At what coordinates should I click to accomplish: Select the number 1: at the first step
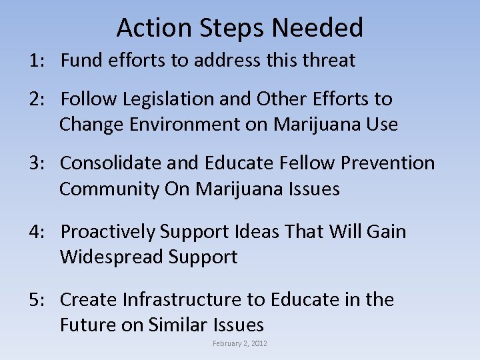coord(37,61)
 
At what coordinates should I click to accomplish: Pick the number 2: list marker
coord(37,99)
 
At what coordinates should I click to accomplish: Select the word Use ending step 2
coord(382,125)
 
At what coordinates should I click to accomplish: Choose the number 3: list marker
coord(37,163)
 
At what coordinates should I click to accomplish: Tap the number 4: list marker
coord(37,232)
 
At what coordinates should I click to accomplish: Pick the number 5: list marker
coord(37,300)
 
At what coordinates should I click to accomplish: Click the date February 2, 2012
coord(239,344)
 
